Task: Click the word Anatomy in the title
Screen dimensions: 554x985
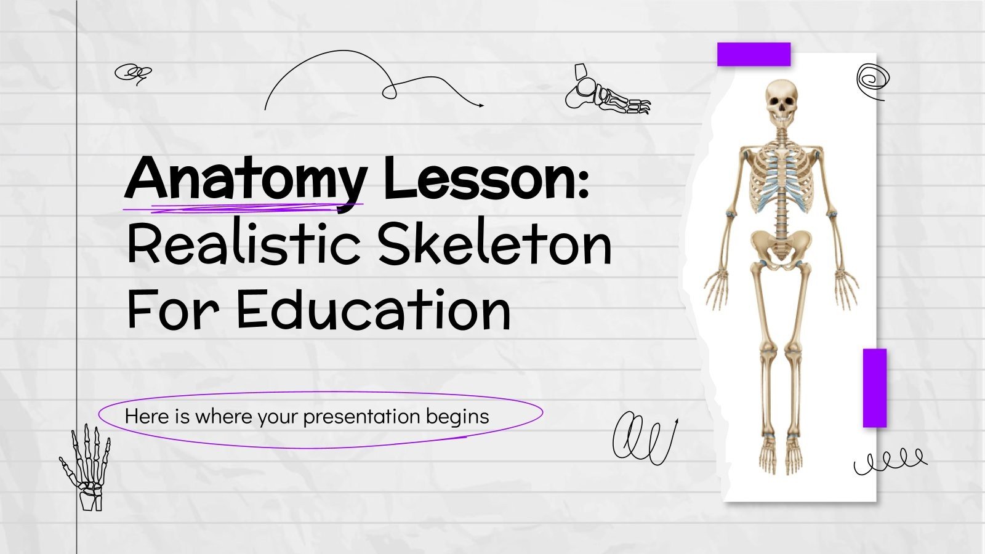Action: (245, 179)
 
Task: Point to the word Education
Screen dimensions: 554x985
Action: (373, 310)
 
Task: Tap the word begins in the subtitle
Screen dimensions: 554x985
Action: (458, 417)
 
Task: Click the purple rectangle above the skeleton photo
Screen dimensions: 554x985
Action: (754, 54)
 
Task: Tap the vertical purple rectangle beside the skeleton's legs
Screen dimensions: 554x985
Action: (874, 388)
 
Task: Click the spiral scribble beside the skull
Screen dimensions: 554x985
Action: (873, 80)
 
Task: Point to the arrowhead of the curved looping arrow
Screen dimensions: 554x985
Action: (480, 105)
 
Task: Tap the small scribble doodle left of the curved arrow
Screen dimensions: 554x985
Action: (133, 74)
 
